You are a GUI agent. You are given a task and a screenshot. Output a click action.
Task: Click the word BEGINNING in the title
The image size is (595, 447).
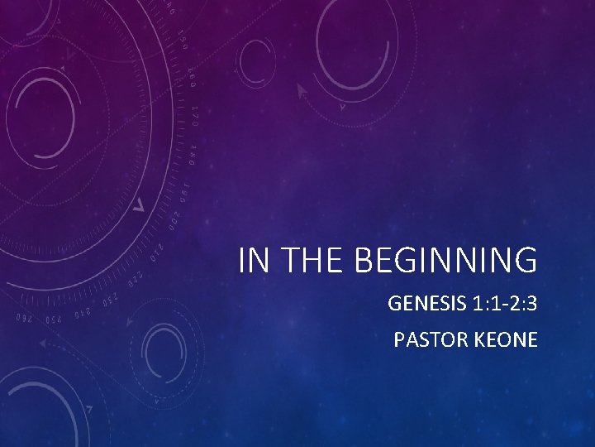[x=446, y=261]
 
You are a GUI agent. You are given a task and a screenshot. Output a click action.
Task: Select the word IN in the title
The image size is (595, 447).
[x=253, y=261]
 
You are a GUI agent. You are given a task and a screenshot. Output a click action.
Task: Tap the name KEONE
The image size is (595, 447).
[x=507, y=339]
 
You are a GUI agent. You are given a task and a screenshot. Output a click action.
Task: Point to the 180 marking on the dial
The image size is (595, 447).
[x=191, y=153]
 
